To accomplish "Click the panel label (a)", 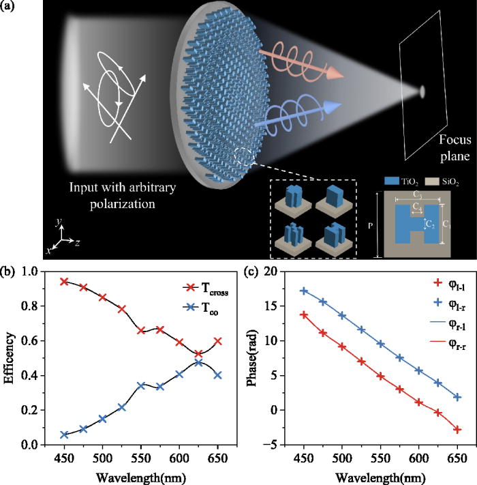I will tap(9, 7).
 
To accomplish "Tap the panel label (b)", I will tap(9, 271).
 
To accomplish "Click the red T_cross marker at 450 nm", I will tap(65, 282).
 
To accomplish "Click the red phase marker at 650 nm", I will tap(457, 429).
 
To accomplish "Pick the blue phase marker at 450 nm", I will tap(305, 291).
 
